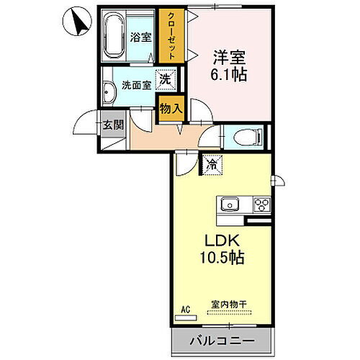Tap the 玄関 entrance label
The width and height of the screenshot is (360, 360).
pyautogui.click(x=113, y=124)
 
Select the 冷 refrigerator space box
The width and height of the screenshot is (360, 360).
pyautogui.click(x=212, y=165)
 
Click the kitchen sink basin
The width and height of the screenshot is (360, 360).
pyautogui.click(x=230, y=204)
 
